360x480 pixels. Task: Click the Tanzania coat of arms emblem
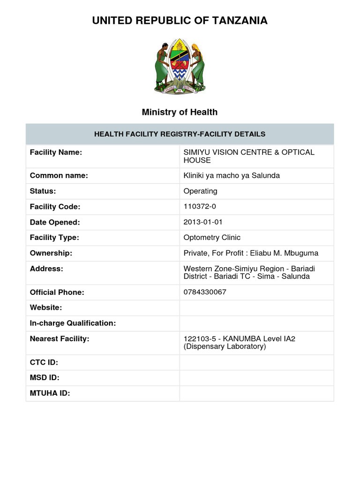180,67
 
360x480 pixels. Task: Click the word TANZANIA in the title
238,21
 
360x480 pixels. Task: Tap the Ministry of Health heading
180,112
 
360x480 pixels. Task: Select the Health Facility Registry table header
180,134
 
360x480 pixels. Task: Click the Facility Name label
56,152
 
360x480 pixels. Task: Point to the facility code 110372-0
200,207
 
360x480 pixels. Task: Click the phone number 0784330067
205,292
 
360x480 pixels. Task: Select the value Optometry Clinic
212,238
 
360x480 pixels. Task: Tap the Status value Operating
200,191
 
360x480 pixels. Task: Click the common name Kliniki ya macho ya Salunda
232,176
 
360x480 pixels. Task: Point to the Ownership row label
51,253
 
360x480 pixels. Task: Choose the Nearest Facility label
60,338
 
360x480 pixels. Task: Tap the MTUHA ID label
50,393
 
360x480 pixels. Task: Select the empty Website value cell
256,307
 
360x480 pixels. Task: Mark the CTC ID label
44,362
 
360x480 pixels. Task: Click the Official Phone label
57,292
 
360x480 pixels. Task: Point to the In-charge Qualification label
73,323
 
